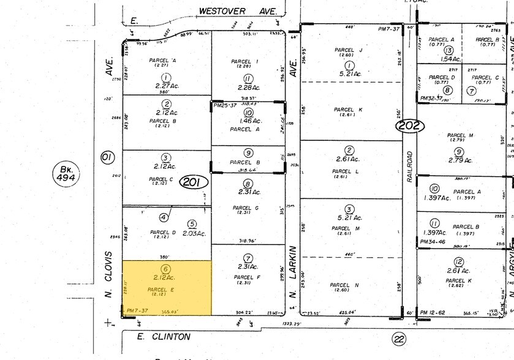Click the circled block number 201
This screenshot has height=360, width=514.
194,182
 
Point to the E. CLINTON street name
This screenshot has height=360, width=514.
155,337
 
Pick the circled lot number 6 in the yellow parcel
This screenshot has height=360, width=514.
165,269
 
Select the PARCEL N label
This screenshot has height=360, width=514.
344,285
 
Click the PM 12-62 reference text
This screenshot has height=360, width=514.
433,313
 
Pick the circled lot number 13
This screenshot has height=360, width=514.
449,50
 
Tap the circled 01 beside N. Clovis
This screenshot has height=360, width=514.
107,158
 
